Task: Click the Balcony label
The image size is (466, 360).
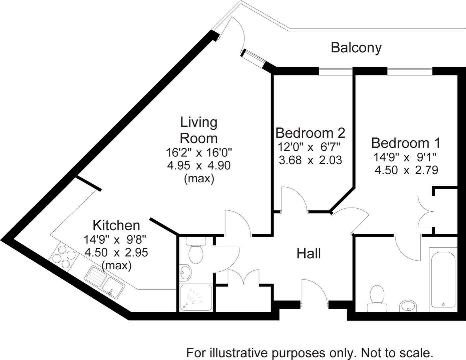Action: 356,48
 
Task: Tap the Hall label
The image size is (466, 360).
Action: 309,254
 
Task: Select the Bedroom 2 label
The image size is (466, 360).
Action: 310,133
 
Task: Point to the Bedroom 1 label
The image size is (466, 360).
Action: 406,143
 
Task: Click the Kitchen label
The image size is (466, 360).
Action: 116,225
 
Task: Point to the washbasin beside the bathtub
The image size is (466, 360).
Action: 408,305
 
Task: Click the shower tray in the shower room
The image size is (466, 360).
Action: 195,298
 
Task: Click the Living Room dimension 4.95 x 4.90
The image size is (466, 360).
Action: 199,165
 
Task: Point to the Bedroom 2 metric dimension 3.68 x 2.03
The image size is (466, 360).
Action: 310,160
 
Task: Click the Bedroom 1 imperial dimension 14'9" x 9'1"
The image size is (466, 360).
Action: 406,157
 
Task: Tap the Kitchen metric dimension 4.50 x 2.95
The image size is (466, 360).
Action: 116,252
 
